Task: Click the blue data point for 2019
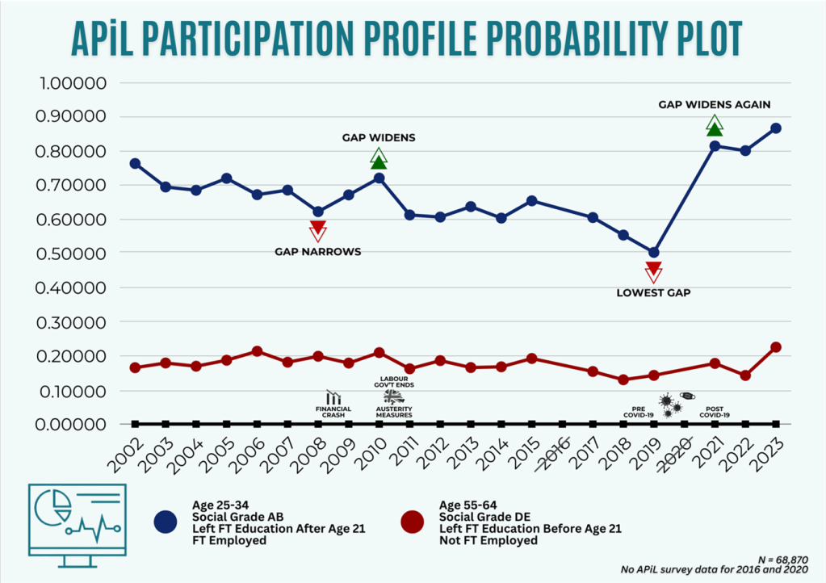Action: point(654,253)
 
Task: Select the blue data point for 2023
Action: point(776,128)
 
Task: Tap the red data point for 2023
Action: point(776,347)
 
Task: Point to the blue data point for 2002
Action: point(135,164)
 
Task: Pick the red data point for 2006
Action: point(257,351)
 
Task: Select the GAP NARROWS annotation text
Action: point(318,252)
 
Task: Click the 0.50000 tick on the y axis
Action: point(73,254)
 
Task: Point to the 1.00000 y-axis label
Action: point(73,83)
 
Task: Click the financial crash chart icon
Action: point(333,397)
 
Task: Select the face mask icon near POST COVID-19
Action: point(687,396)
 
